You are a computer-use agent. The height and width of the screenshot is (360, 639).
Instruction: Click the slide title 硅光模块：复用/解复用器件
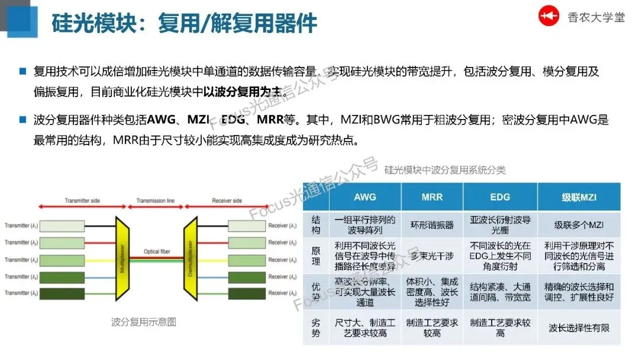click(x=184, y=24)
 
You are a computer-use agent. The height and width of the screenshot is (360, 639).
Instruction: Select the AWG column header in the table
click(x=364, y=197)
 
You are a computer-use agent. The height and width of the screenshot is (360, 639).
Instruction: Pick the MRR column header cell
click(x=432, y=197)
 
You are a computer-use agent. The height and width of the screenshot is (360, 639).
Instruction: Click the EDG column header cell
click(x=500, y=197)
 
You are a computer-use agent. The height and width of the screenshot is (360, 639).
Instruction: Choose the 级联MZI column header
click(x=579, y=197)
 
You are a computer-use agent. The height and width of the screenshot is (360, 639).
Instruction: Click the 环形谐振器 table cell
click(x=432, y=225)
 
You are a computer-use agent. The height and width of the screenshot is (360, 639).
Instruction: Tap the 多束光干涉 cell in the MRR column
click(x=432, y=255)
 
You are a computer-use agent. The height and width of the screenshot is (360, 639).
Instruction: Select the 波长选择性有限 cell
click(x=579, y=327)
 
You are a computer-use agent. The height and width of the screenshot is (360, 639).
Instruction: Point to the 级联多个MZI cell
click(x=579, y=225)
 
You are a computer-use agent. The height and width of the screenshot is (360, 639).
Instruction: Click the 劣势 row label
click(x=316, y=327)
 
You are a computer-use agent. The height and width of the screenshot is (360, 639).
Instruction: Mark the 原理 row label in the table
click(x=316, y=255)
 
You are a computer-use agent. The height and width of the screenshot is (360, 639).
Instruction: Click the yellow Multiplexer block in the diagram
click(x=122, y=259)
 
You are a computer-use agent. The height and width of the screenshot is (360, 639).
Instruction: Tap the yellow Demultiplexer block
click(x=191, y=259)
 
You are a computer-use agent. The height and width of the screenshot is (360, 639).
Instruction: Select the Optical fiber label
click(x=156, y=252)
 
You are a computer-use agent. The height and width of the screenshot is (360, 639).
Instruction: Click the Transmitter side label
click(x=82, y=201)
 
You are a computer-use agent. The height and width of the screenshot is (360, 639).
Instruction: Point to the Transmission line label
click(x=155, y=201)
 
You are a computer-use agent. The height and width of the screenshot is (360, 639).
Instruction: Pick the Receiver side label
click(x=227, y=201)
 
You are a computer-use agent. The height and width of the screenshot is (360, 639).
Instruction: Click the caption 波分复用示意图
click(x=144, y=322)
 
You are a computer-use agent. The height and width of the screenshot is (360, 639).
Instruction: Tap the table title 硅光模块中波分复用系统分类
click(x=445, y=170)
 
